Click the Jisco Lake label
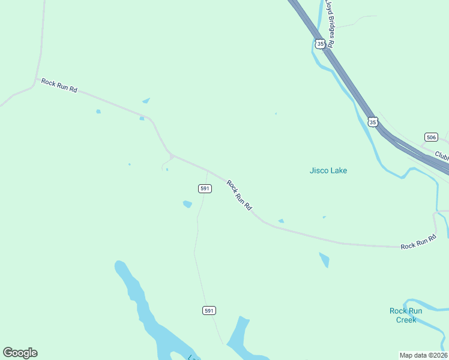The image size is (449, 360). (328, 170)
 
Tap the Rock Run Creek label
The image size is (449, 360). (406, 315)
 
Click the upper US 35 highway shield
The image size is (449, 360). (321, 44)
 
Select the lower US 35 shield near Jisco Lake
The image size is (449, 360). (373, 122)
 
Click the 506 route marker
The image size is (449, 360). (430, 137)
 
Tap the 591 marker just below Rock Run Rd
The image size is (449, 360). (205, 188)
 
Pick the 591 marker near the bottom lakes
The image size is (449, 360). (208, 310)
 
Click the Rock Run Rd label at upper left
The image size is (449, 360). (59, 85)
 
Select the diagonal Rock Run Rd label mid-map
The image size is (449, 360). (240, 195)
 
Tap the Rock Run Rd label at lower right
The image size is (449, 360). (418, 243)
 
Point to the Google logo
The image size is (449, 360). (20, 353)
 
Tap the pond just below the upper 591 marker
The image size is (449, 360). (187, 205)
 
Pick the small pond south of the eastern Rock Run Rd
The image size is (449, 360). (324, 260)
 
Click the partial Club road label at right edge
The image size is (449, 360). (442, 155)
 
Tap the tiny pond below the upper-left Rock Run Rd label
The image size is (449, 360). (98, 111)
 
